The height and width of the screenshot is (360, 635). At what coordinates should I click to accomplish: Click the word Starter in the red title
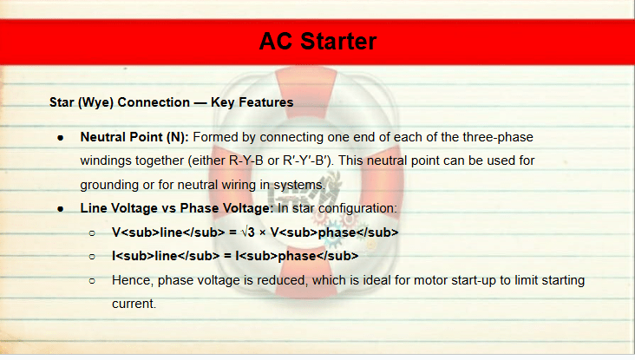338,42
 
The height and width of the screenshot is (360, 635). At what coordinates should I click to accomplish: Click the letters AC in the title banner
275,42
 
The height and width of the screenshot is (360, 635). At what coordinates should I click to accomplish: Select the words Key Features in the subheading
252,102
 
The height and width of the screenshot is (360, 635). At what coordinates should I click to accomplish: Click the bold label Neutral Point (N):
134,137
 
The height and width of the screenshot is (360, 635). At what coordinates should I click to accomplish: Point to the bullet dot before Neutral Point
61,138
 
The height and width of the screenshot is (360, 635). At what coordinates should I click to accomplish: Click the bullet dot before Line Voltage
61,209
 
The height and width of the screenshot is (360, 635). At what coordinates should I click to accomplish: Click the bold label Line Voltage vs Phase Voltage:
177,208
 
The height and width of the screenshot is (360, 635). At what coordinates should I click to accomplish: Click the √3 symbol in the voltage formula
248,232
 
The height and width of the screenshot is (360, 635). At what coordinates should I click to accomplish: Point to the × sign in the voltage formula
263,233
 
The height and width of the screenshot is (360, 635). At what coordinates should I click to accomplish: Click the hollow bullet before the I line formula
92,257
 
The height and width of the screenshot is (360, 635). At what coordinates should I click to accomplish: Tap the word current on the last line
134,304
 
